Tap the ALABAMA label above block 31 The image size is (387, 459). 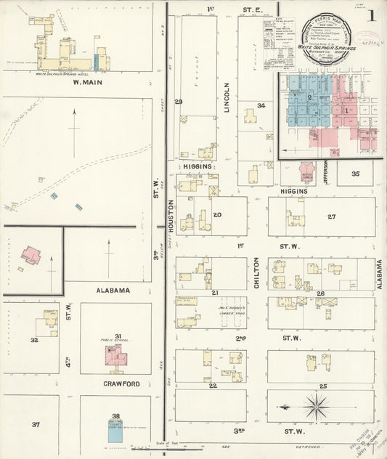click(112, 290)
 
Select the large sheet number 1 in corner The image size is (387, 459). click(371, 15)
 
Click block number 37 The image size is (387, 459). click(36, 423)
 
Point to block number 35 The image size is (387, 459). click(355, 174)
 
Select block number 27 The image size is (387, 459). click(331, 216)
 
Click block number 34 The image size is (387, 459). click(261, 105)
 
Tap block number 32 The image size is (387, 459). click(33, 339)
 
